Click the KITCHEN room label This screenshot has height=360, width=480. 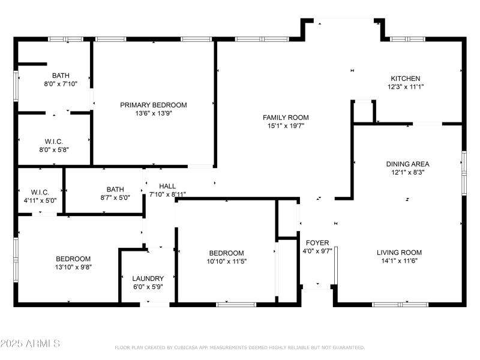click(406, 79)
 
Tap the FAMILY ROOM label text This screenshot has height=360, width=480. click(286, 117)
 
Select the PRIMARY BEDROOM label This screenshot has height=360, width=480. click(153, 105)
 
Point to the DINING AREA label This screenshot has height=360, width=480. click(407, 164)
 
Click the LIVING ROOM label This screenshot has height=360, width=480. click(399, 253)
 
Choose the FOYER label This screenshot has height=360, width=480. click(317, 243)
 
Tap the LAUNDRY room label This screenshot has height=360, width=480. click(148, 278)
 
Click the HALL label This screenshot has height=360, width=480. click(167, 186)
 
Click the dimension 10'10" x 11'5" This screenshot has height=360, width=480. click(226, 261)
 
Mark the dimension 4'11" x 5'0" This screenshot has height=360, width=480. click(40, 200)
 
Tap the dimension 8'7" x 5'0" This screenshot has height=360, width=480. click(115, 197)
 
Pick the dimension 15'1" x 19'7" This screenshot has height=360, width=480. click(286, 125)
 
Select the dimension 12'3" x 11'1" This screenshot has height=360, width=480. click(406, 87)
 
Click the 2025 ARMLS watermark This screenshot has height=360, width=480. click(30, 344)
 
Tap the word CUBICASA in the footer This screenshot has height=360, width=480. click(191, 347)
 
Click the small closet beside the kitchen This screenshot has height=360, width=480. click(364, 112)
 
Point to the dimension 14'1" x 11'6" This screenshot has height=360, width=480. click(399, 261)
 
